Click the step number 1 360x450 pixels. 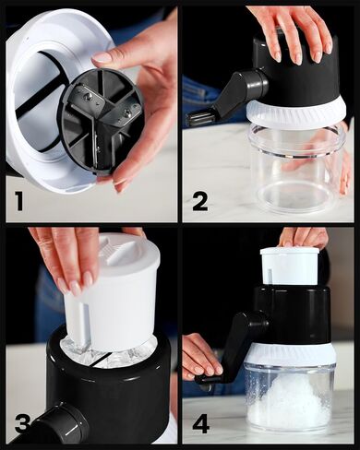point(18,200)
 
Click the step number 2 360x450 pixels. point(200,200)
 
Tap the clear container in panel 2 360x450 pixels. point(297,169)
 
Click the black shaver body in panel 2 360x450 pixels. point(295,74)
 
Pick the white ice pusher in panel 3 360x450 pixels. point(113,292)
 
